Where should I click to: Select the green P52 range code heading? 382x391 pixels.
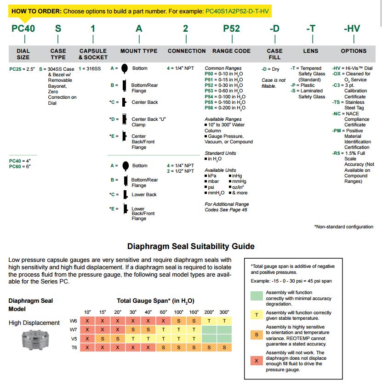point(231,28)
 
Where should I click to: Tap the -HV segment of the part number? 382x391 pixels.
point(352,28)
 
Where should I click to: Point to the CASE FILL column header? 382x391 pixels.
point(274,54)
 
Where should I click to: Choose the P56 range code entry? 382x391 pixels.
point(209,108)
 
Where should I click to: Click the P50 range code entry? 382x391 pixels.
point(209,74)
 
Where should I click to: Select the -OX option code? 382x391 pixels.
point(337,74)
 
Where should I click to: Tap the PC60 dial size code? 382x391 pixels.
point(15,167)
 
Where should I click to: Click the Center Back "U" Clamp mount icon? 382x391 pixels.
point(124,120)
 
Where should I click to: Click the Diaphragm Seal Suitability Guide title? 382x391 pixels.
point(191,247)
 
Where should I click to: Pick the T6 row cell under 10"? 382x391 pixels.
point(87,348)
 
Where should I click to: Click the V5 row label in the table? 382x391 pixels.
point(73,339)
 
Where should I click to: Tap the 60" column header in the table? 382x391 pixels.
point(163,312)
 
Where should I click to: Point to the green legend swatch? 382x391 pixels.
point(256,295)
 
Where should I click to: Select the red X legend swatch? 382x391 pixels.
point(256,361)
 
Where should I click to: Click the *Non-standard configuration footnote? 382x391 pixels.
point(343,227)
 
